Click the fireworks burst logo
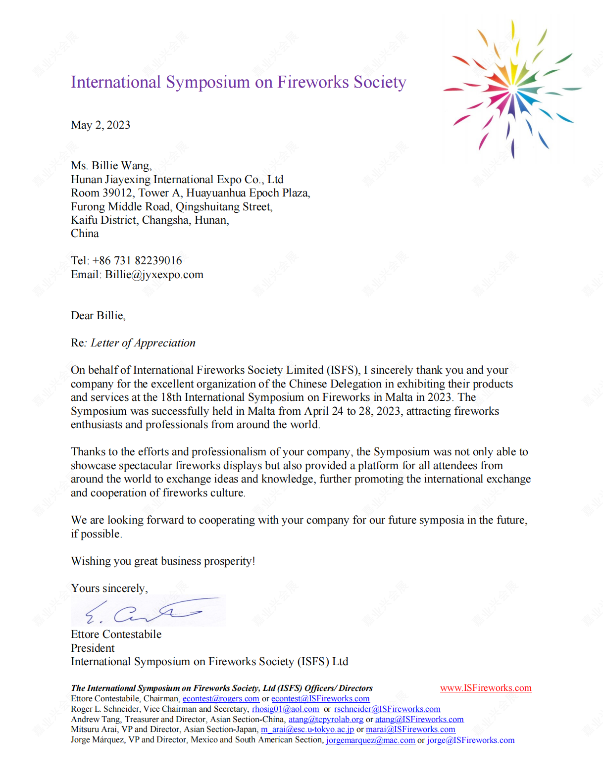[512, 89]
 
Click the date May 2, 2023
[100, 125]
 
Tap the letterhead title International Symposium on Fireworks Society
[238, 82]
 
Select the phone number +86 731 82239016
[137, 260]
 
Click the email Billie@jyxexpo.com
[154, 274]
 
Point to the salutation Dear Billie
[98, 315]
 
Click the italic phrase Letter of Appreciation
[143, 343]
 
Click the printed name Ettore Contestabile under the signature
[116, 634]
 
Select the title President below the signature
[93, 648]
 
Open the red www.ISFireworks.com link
[486, 687]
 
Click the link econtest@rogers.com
[221, 698]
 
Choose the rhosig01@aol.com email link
[285, 709]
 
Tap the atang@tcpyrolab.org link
[326, 719]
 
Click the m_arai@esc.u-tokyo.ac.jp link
[307, 729]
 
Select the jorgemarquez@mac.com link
[370, 740]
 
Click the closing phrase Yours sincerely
[109, 588]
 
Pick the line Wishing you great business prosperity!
[163, 561]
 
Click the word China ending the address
[85, 233]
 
